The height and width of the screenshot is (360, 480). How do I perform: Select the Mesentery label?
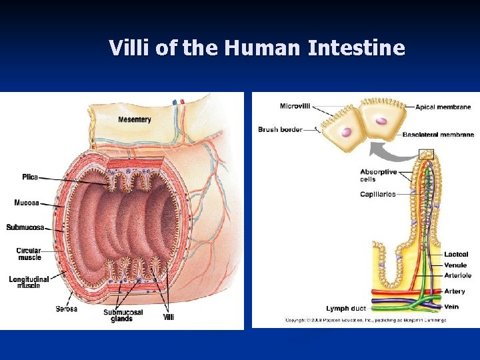pos(135,120)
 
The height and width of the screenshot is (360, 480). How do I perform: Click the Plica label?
pos(30,177)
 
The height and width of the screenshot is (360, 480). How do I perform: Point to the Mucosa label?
pos(27,203)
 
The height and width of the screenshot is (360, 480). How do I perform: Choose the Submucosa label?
pos(25,227)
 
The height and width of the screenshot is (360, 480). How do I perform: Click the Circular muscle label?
pos(29,254)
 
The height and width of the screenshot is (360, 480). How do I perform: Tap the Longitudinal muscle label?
pos(25,281)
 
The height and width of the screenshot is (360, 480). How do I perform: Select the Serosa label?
pos(66,309)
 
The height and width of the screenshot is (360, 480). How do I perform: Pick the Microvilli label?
pos(294,106)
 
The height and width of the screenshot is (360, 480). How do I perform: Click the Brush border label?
pos(280,129)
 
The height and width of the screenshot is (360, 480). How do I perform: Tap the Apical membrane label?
pos(443,107)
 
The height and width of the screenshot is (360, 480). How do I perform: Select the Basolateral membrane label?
pos(438,135)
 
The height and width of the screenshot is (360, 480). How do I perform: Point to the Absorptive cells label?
pos(378,175)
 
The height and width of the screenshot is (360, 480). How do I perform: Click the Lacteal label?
pos(456,254)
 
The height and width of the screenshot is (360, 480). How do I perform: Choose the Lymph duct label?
pos(346,309)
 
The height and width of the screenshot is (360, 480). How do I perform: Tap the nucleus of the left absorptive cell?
pos(346,131)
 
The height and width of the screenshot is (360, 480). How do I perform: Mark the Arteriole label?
pos(457,275)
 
